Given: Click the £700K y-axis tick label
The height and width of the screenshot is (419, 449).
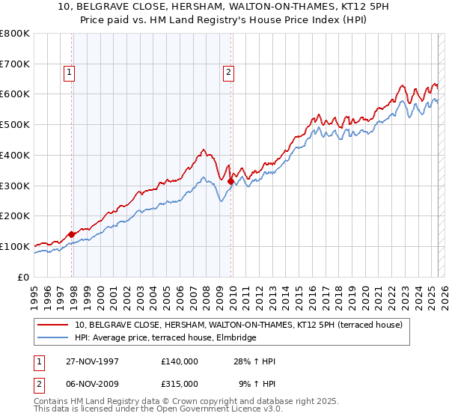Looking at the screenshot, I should point(15,64).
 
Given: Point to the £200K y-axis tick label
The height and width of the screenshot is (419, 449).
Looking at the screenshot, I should point(15,216).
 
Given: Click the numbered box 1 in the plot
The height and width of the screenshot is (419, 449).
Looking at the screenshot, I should point(69,73).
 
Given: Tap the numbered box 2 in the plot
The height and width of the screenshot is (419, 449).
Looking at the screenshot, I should point(227,73).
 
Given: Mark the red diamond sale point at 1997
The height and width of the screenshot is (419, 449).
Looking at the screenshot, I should point(72,234).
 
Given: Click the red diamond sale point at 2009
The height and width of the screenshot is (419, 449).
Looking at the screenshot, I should point(230,181).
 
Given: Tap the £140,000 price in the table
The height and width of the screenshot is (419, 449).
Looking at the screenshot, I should point(180,361).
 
